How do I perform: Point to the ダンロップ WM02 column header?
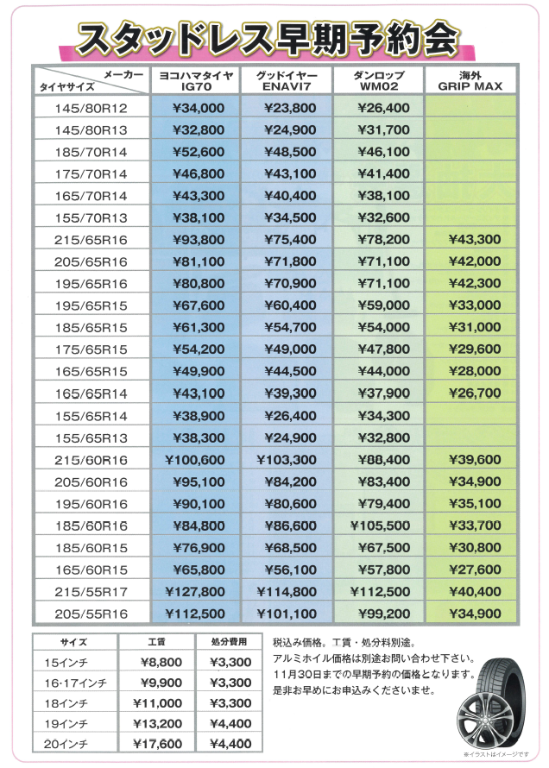pyautogui.click(x=379, y=81)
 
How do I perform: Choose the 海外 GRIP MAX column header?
pyautogui.click(x=470, y=81)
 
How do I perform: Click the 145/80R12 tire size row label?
pyautogui.click(x=90, y=108)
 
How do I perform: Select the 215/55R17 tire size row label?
pyautogui.click(x=90, y=592)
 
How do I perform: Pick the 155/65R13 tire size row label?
pyautogui.click(x=90, y=438)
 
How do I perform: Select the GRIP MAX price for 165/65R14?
pyautogui.click(x=470, y=393)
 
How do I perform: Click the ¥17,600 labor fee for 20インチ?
pyautogui.click(x=158, y=744)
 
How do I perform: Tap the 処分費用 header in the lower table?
pyautogui.click(x=229, y=642)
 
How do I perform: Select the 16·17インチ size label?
pyautogui.click(x=78, y=683)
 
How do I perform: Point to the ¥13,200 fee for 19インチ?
pyautogui.click(x=158, y=723)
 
